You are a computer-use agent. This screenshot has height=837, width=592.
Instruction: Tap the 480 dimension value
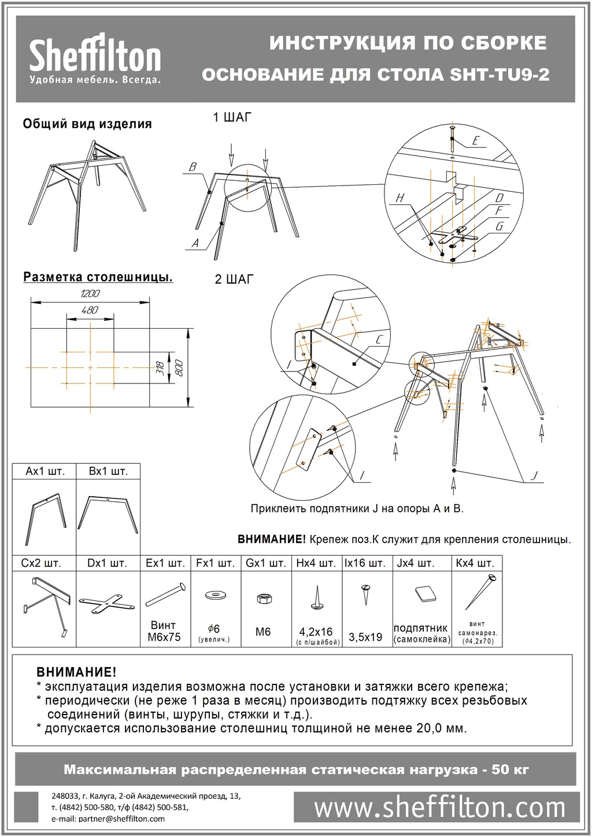point(90,310)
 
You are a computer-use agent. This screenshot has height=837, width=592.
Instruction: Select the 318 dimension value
point(160,367)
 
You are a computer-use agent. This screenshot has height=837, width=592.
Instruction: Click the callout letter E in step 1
point(475,140)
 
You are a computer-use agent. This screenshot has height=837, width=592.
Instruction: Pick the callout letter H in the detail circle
point(399,199)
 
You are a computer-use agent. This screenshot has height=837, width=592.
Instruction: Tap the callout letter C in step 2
point(378,341)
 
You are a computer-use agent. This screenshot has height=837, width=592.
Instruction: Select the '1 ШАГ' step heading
point(232,118)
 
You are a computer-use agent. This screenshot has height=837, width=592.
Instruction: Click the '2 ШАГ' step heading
point(234,280)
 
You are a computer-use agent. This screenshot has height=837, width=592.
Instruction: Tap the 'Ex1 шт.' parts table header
point(165,563)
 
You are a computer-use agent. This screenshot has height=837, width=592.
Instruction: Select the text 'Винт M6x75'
point(165,631)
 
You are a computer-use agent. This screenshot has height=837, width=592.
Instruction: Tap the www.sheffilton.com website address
point(439,807)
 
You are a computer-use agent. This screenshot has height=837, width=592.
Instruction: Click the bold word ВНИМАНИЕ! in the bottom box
point(76,672)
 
